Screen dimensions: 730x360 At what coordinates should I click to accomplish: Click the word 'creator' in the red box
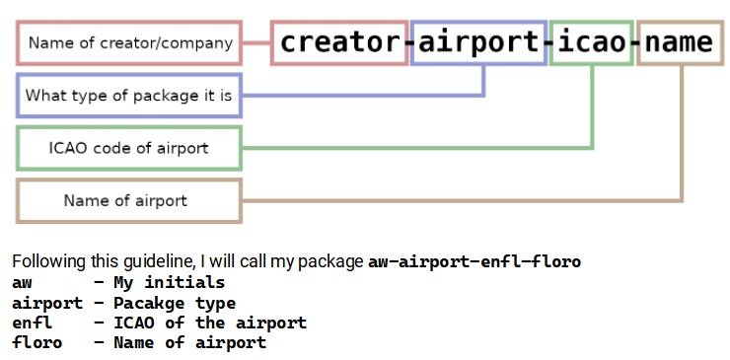click(340, 42)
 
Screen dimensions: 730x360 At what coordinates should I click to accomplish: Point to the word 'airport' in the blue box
click(478, 42)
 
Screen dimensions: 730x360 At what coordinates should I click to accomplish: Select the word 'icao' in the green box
click(591, 42)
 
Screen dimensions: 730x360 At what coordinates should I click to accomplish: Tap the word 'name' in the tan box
click(679, 42)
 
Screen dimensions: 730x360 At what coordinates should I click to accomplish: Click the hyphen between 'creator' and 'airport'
click(409, 42)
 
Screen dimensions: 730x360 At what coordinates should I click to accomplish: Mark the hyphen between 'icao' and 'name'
click(635, 42)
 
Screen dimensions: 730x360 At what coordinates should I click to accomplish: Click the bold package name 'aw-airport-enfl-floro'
click(474, 261)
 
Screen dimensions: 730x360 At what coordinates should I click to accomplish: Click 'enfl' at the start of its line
click(33, 323)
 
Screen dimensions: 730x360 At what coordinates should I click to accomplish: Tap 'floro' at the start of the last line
click(36, 343)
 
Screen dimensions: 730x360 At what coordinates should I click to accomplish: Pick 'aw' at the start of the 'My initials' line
click(22, 283)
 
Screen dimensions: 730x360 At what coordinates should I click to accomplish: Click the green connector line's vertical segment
click(592, 107)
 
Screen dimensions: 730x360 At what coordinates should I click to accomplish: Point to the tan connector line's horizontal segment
click(463, 201)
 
